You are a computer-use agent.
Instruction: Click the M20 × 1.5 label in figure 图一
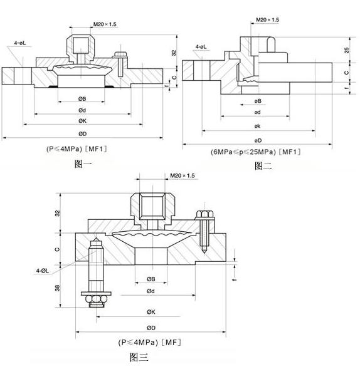point(105,24)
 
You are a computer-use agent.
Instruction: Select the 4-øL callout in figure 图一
point(20,43)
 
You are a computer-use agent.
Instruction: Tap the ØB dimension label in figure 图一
point(82,99)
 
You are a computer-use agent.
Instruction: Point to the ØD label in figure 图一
point(82,133)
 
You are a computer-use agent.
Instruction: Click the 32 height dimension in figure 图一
point(174,53)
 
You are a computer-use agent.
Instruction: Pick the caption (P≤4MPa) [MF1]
point(77,148)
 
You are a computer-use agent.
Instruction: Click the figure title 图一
point(83,164)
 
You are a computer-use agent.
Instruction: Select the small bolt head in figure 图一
point(120,55)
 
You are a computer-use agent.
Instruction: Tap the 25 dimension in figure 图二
point(347,50)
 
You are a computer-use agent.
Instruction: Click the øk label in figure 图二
point(257,126)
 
